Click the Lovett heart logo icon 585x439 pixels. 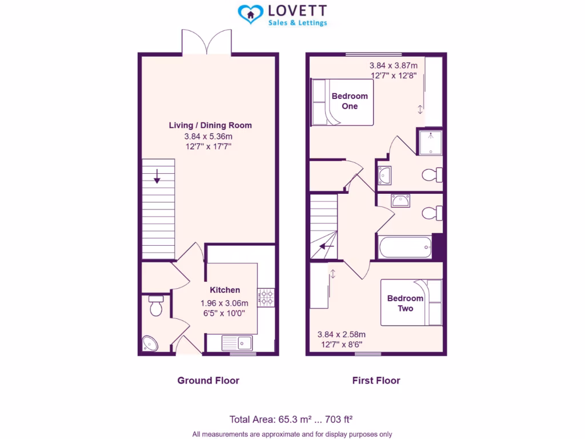[x=250, y=15]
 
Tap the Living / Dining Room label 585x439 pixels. [x=210, y=125]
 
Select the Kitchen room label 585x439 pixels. [x=225, y=290]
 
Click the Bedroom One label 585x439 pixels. [x=350, y=101]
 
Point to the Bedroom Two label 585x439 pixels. [x=405, y=303]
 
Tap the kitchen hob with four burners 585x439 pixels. [x=266, y=297]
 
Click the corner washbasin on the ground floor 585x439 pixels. [x=150, y=344]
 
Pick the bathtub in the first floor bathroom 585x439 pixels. [x=404, y=248]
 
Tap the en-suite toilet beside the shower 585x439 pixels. [x=431, y=174]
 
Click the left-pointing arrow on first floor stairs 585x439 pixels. [x=327, y=246]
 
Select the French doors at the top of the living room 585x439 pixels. [x=207, y=42]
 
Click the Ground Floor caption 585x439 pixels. [x=208, y=380]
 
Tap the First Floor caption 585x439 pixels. [x=376, y=380]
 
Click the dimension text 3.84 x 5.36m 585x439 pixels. [x=208, y=136]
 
